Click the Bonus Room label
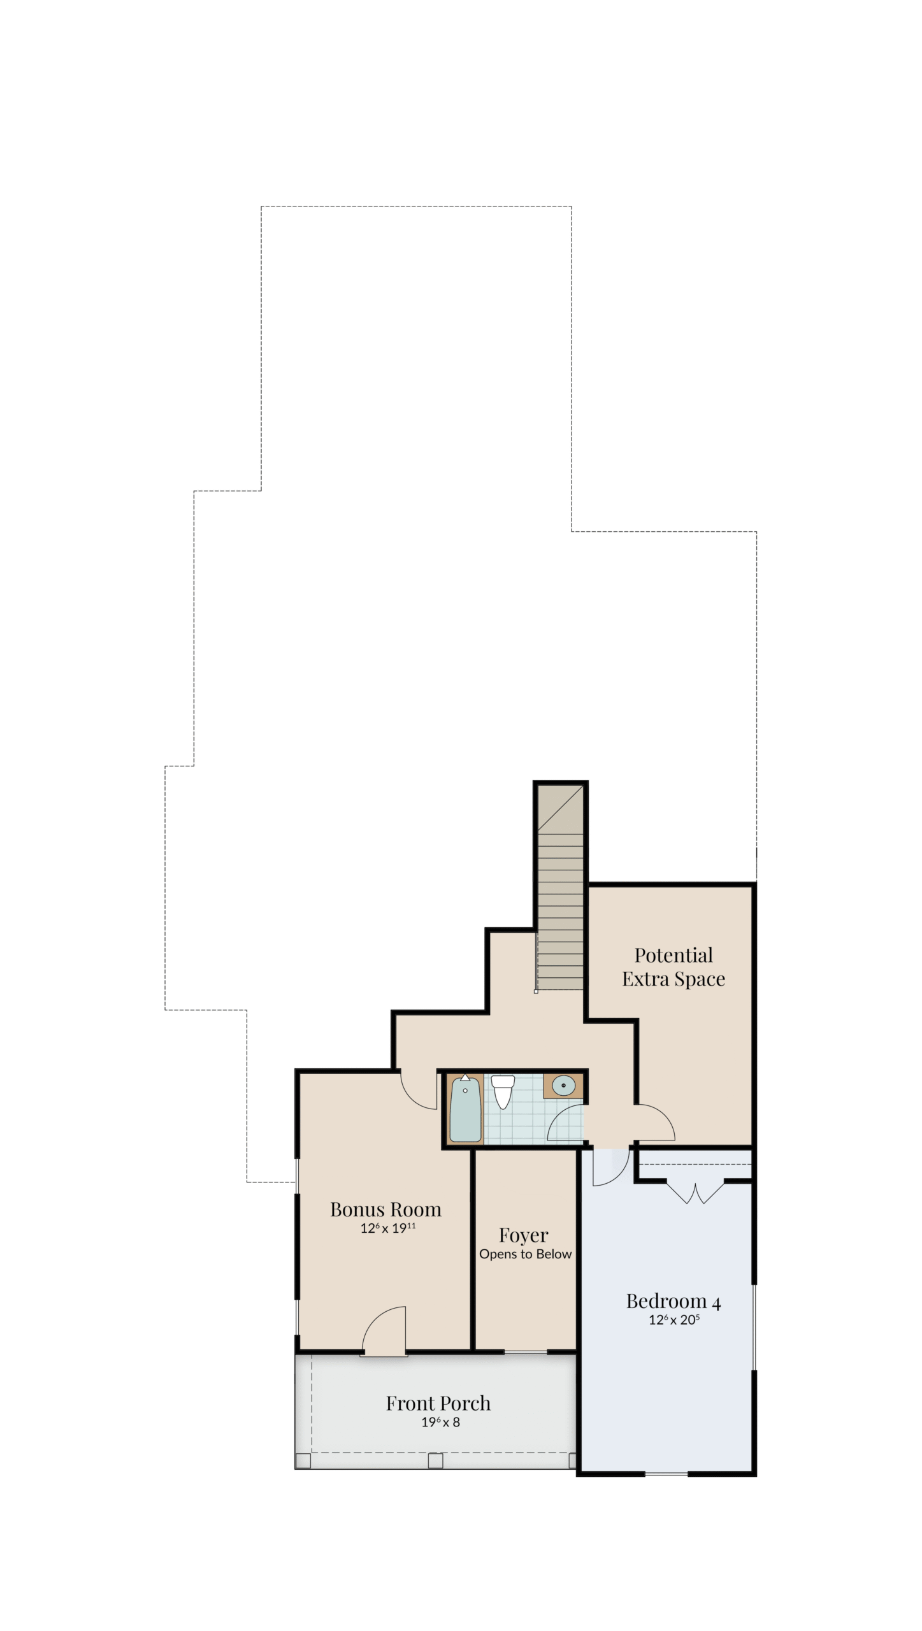(385, 1209)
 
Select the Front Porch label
(438, 1403)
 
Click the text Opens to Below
(526, 1254)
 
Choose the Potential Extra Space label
(673, 966)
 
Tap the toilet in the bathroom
(503, 1091)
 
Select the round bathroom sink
(563, 1085)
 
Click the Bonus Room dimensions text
(388, 1228)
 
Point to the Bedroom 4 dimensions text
(674, 1319)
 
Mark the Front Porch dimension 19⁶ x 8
(440, 1421)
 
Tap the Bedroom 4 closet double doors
(695, 1193)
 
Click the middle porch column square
(435, 1460)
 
